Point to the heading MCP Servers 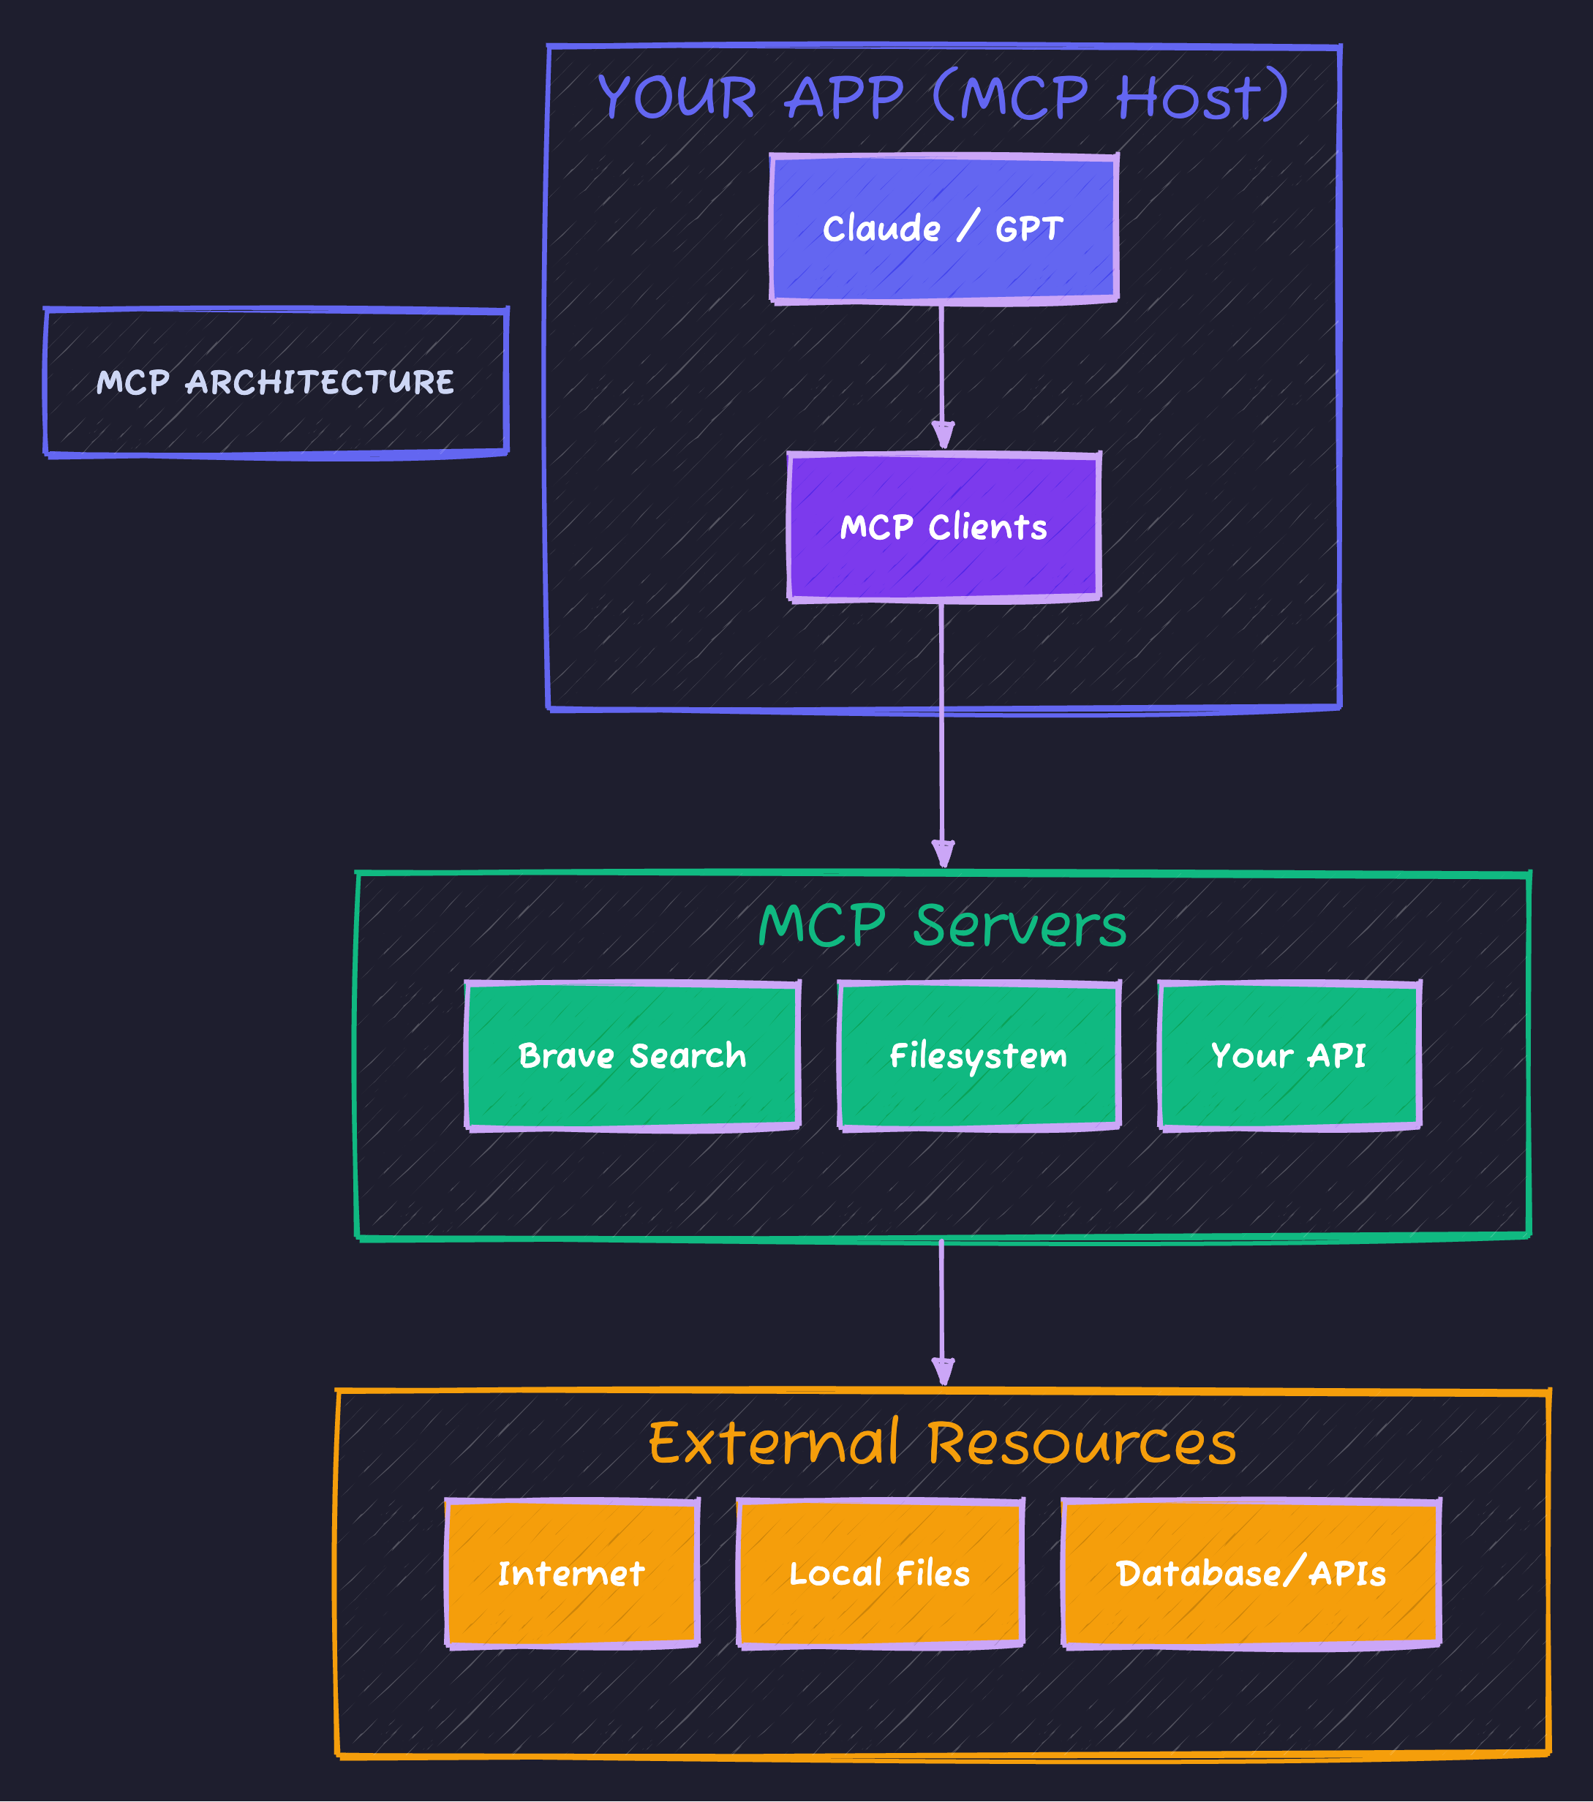pos(941,926)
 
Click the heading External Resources pos(941,1444)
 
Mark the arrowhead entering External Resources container pos(942,1372)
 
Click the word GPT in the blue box pos(1029,229)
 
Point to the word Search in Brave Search pos(688,1055)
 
